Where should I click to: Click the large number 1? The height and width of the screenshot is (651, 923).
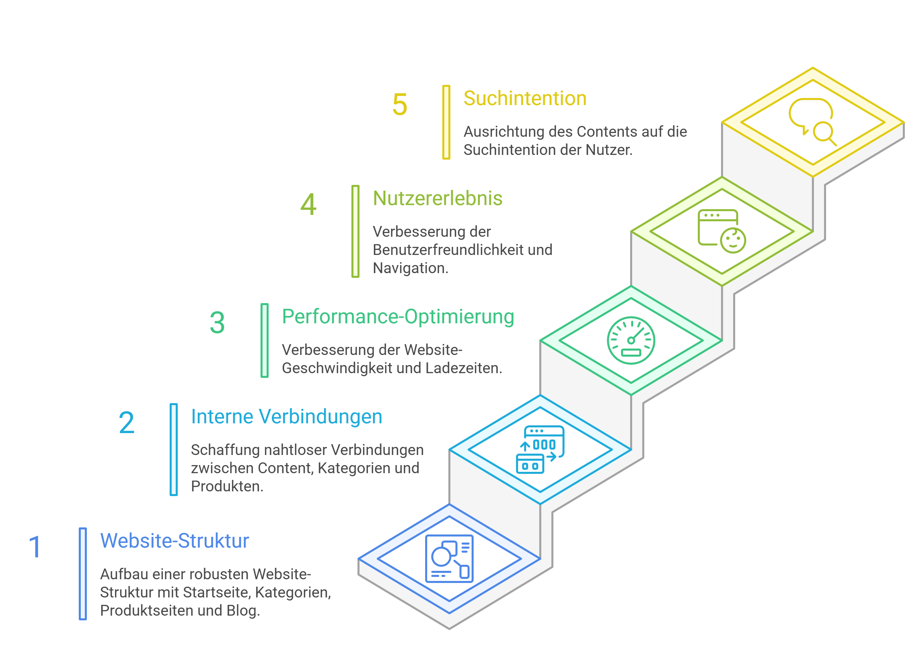pos(35,547)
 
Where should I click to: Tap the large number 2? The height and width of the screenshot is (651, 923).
pos(127,423)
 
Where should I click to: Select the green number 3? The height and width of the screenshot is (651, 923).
pos(217,323)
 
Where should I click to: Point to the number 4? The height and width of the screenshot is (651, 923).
pos(308,204)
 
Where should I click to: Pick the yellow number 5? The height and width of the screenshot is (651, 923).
pos(400,104)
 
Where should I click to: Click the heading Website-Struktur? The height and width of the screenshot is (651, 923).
pos(174,541)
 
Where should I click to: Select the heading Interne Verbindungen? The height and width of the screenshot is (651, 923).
pos(287,417)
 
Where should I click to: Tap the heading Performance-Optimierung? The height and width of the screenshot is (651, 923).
pos(398,317)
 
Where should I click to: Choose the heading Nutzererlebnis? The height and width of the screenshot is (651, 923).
pos(437,198)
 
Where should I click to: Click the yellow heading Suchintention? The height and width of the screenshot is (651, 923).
pos(525,99)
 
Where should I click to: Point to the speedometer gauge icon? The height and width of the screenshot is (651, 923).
pos(631,340)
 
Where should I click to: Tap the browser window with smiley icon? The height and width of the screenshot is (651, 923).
pos(722,231)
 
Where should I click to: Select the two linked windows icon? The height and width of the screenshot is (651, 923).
pos(540,450)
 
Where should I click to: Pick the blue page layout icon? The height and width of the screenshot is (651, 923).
pos(449,559)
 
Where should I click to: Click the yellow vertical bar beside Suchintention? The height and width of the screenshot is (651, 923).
pos(446,122)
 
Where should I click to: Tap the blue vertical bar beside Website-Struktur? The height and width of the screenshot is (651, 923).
pos(83,574)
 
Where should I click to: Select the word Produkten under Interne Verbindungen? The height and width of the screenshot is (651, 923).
pos(227,487)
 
